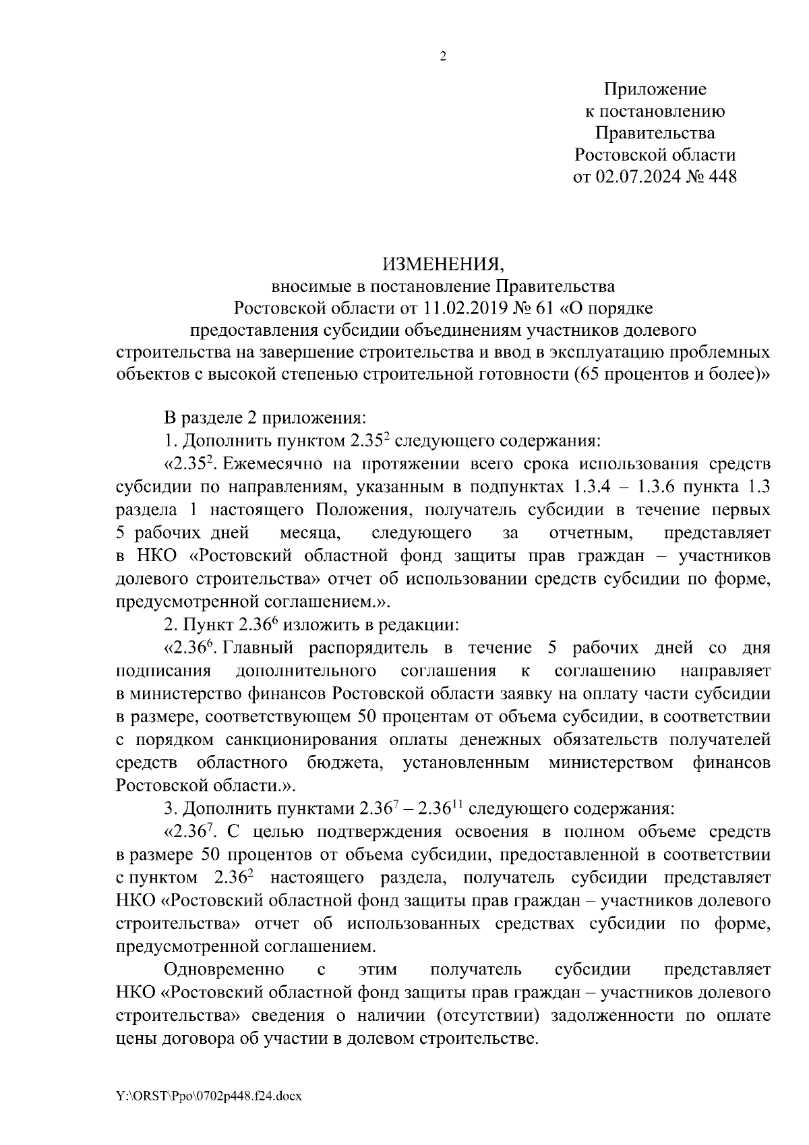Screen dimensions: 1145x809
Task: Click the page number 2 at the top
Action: pos(443,57)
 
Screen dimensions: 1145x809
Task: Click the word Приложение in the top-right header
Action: pos(655,89)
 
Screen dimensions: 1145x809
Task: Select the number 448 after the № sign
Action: pos(720,177)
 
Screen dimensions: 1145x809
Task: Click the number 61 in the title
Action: pos(543,308)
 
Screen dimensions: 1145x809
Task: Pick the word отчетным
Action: pos(591,533)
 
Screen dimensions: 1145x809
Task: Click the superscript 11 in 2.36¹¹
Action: pos(463,804)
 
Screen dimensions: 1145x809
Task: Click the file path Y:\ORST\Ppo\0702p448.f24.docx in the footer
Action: pos(209,1096)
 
